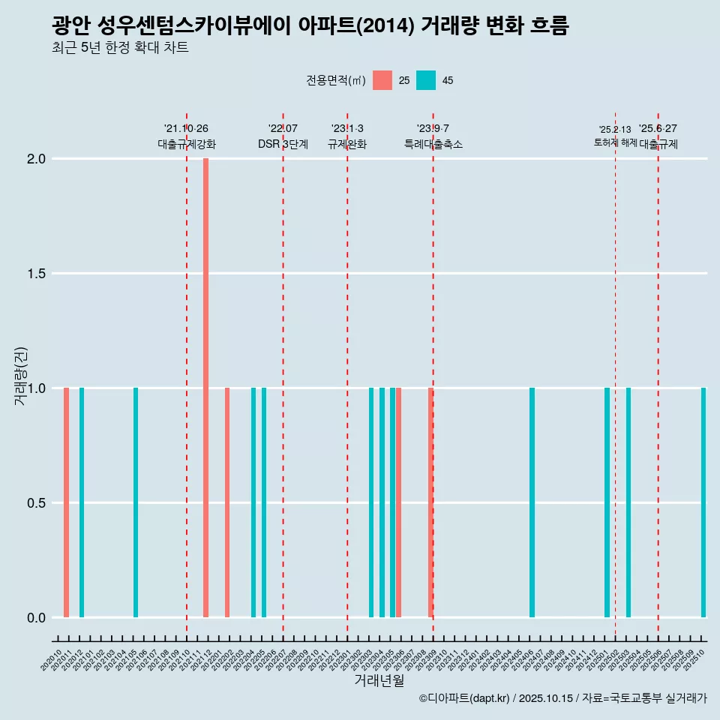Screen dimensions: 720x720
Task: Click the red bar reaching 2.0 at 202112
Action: pos(205,388)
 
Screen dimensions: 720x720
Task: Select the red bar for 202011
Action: pos(66,502)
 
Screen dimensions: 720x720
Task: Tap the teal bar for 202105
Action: pos(136,502)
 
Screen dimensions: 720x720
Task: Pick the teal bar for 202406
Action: pos(532,502)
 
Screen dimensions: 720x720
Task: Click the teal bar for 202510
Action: pos(703,502)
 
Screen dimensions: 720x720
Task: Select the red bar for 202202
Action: pos(227,502)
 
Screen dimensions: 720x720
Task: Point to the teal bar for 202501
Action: pos(607,502)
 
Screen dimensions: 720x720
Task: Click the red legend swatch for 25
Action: pos(382,80)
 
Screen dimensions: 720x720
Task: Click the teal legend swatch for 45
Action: pos(426,80)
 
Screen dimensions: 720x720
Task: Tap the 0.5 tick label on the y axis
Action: pos(35,503)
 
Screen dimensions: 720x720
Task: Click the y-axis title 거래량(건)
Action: pos(20,376)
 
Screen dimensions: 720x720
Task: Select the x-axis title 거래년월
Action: pos(379,680)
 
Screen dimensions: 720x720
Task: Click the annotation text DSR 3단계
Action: pos(283,145)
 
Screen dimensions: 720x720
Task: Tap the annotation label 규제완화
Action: pos(347,145)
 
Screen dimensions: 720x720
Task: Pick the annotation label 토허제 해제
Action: pos(615,142)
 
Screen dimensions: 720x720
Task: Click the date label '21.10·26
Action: pos(186,128)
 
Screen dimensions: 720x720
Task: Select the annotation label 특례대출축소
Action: pos(433,145)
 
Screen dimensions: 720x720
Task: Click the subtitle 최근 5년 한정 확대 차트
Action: pos(120,48)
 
